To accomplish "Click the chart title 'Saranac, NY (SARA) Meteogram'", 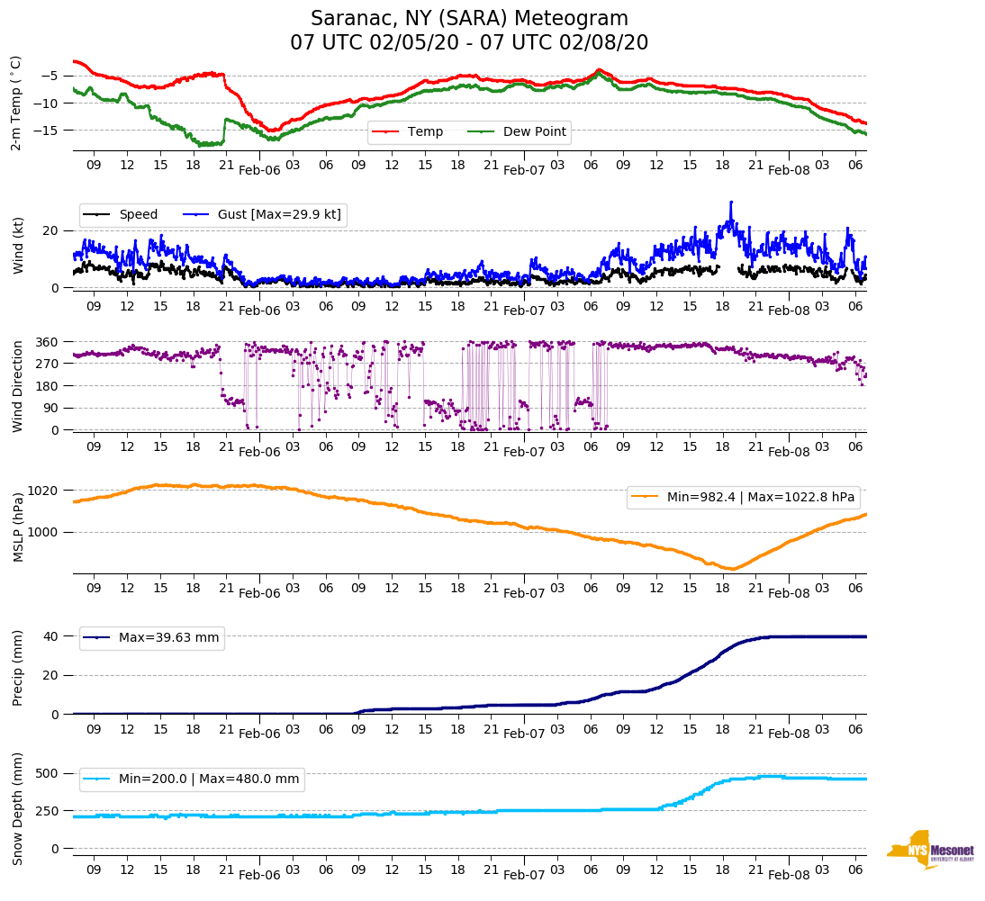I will pos(469,19).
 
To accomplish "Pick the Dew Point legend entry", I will pos(534,132).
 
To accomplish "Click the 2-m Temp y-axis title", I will pos(16,103).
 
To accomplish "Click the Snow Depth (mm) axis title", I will pos(18,808).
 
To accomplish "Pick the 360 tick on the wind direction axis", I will pos(48,342).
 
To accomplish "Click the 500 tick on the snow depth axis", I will pos(48,773).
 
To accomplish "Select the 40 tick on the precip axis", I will pos(52,636).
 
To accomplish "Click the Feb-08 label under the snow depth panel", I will pos(790,875).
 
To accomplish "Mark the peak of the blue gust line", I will pos(731,202).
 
